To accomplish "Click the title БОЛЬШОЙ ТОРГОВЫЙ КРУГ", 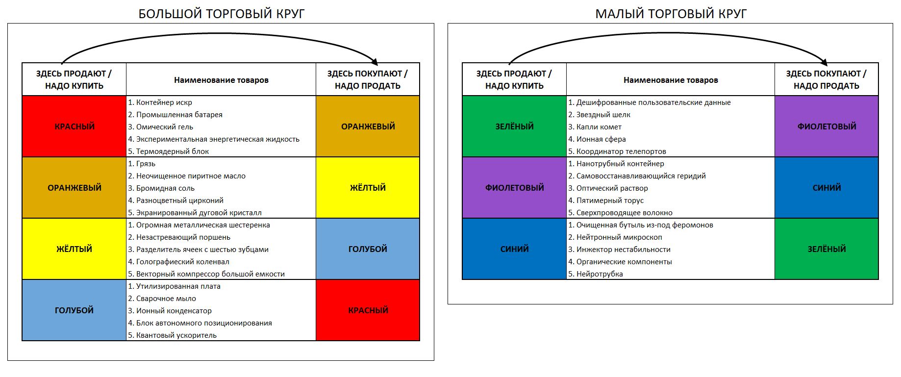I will click(222, 14).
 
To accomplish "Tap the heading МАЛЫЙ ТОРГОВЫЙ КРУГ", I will click(671, 14).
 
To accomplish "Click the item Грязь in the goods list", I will click(146, 164).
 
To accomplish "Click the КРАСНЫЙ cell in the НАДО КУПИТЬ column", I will click(74, 126).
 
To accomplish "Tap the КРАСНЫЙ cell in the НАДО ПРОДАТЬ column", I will click(368, 310).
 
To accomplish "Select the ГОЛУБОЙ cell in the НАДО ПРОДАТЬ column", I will click(368, 249).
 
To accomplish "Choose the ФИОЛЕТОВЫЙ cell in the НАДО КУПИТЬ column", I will click(514, 188).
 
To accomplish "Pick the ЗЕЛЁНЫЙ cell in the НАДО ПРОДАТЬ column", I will click(826, 249).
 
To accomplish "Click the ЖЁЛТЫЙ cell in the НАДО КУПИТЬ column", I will click(74, 249).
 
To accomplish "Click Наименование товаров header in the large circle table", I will click(221, 80).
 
